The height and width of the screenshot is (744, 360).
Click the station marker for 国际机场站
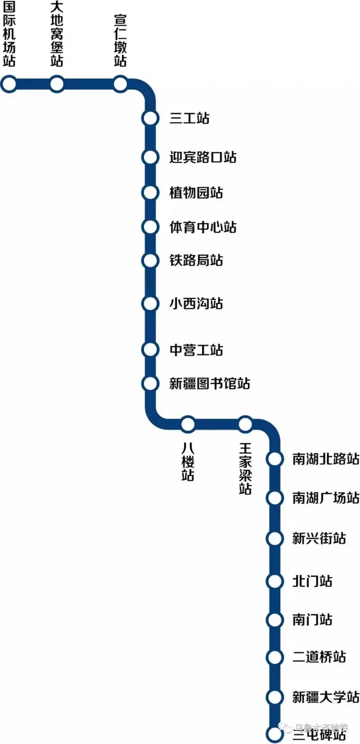pos(9,84)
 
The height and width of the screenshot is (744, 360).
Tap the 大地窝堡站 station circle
pos(56,84)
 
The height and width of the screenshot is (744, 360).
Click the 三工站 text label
pos(189,119)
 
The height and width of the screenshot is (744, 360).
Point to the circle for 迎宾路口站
pos(150,157)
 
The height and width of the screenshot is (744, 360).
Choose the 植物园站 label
pos(196,192)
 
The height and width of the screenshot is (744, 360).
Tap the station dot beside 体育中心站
pos(150,227)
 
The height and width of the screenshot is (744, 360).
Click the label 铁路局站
pos(196,260)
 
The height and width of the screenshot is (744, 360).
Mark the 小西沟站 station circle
pos(150,304)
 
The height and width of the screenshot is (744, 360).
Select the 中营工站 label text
pos(196,350)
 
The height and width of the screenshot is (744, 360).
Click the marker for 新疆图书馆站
pos(150,384)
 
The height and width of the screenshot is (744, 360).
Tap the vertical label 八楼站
pos(188,461)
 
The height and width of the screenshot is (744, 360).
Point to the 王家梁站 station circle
pos(245,423)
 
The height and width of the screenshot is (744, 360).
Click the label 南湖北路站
pos(326,459)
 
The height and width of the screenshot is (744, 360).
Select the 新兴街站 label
pos(319,538)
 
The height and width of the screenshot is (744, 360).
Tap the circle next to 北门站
pos(274,581)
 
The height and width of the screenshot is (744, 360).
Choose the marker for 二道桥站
pos(274,657)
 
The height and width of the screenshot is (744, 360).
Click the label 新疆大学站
pos(326,697)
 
